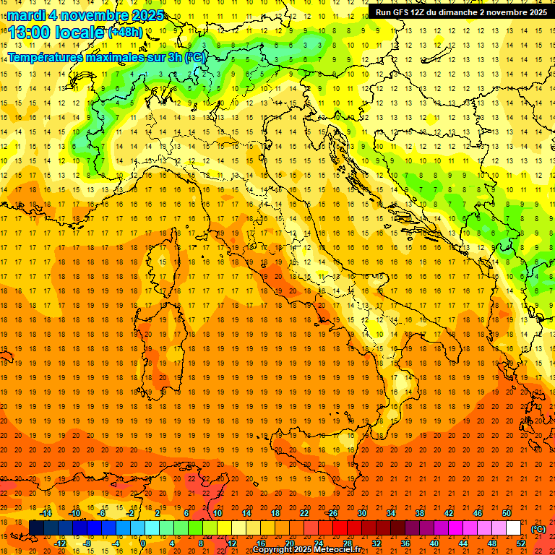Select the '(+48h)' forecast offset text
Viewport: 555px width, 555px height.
coord(125,33)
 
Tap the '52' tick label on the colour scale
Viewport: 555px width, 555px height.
coord(520,543)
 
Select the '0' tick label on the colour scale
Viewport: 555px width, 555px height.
coord(142,543)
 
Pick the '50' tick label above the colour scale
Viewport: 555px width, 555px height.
coord(507,513)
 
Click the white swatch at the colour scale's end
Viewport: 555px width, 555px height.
coord(513,528)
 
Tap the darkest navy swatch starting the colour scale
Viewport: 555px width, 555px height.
coord(36,528)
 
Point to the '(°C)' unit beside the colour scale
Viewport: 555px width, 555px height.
coord(538,529)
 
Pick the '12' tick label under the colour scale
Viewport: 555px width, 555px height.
coord(232,543)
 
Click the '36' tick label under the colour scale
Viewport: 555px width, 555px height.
coord(405,543)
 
